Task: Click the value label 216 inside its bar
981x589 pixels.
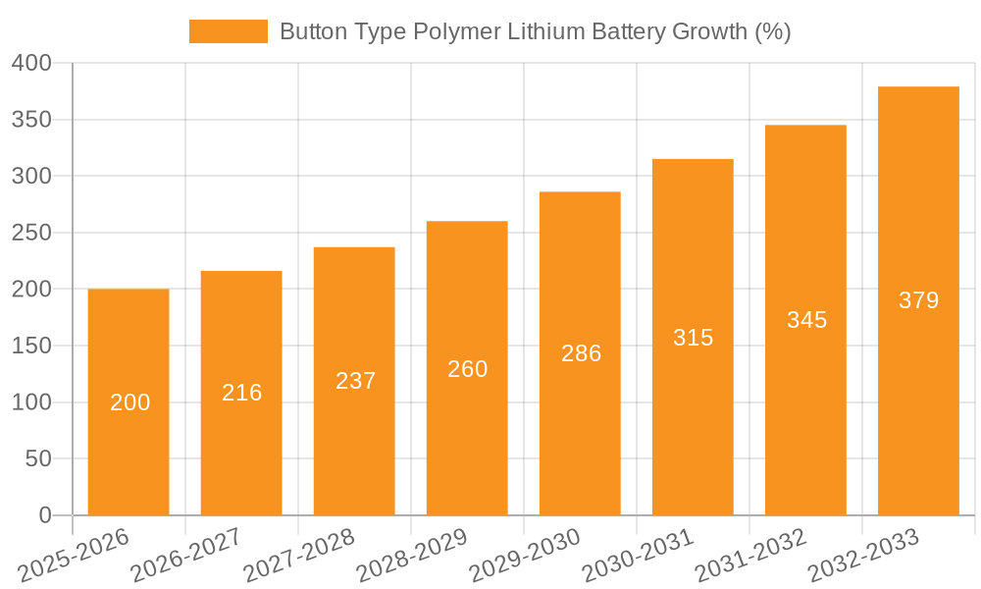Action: (x=242, y=393)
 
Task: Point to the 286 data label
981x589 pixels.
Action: (x=581, y=353)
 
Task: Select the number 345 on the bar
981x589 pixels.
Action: (x=806, y=320)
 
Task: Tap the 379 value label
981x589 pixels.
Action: (x=918, y=300)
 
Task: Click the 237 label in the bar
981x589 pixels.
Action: (x=355, y=381)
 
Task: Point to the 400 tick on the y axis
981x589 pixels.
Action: (x=31, y=64)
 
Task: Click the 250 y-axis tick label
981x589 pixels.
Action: (x=31, y=234)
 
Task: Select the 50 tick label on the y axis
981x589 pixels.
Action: (x=38, y=459)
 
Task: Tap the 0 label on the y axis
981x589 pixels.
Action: (x=45, y=515)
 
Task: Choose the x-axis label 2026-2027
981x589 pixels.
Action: (x=186, y=556)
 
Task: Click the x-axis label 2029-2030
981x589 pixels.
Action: (x=524, y=556)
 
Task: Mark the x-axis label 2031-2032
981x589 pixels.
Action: (x=750, y=556)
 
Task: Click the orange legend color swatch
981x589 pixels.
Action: (x=228, y=31)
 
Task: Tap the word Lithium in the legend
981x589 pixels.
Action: (x=546, y=31)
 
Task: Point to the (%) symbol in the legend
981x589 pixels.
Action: (x=772, y=31)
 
